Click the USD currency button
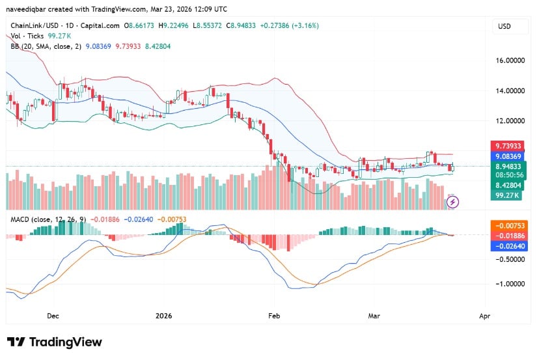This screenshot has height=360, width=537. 504,26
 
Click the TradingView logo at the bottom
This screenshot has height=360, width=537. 55,342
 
